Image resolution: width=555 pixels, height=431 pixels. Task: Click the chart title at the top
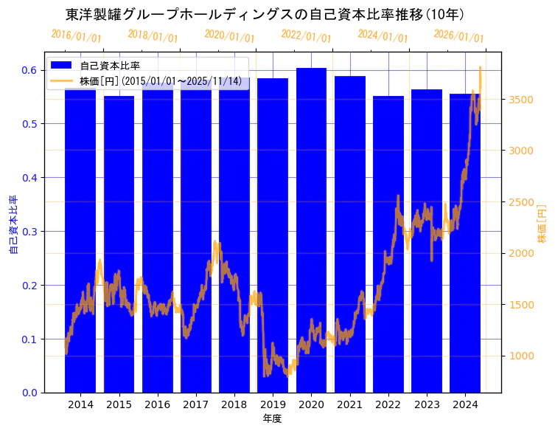tap(265, 14)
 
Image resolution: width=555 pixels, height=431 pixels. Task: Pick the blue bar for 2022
tap(388, 244)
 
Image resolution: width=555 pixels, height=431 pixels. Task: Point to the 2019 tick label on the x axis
tap(273, 404)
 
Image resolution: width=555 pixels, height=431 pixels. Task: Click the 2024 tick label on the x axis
tap(465, 404)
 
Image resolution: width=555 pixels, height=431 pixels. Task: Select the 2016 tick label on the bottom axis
tap(158, 404)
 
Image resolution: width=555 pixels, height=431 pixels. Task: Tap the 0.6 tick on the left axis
tap(29, 70)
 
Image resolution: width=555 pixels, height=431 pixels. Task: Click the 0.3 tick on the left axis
tap(29, 232)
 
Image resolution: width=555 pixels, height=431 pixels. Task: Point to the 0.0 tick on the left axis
tap(29, 393)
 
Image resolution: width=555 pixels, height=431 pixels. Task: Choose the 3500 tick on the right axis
tap(522, 100)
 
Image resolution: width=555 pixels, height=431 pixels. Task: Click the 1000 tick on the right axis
tap(522, 356)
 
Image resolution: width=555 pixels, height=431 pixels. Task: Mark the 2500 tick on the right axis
tap(522, 202)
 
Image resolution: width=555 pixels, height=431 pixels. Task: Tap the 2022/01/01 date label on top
tap(306, 36)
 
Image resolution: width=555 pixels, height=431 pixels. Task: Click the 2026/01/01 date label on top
tap(458, 36)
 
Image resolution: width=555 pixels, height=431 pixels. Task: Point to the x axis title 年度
tap(273, 418)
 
